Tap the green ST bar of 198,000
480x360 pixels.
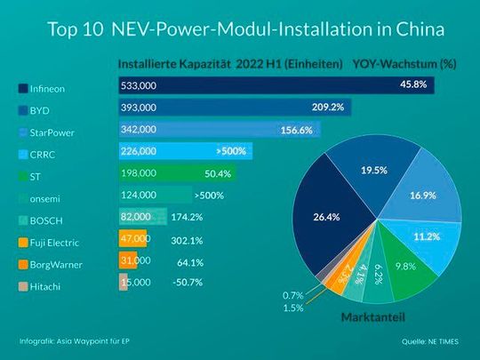tap(151, 173)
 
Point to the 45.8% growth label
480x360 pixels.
tap(414, 84)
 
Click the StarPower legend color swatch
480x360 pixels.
tap(23, 132)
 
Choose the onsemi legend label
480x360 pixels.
tap(50, 198)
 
